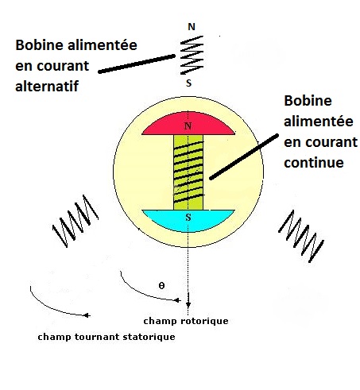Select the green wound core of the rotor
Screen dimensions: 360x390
[188, 172]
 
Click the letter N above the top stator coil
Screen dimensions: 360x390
[192, 27]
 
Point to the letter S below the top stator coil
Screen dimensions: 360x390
[188, 83]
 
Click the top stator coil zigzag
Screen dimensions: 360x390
[192, 55]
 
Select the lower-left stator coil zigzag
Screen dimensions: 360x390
[75, 222]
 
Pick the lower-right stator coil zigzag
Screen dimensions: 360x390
[301, 237]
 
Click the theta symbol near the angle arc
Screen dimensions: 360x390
[161, 286]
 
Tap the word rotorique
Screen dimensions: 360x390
[204, 321]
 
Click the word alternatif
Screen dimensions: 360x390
[47, 86]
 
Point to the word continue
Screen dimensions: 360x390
[314, 162]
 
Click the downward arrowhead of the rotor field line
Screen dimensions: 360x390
[188, 304]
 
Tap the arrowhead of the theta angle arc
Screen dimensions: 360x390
[177, 300]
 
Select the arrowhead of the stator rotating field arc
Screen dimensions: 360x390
[87, 315]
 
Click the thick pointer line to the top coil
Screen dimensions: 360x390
[137, 64]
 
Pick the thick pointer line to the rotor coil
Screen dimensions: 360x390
[244, 157]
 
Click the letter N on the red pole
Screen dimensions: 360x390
[188, 126]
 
